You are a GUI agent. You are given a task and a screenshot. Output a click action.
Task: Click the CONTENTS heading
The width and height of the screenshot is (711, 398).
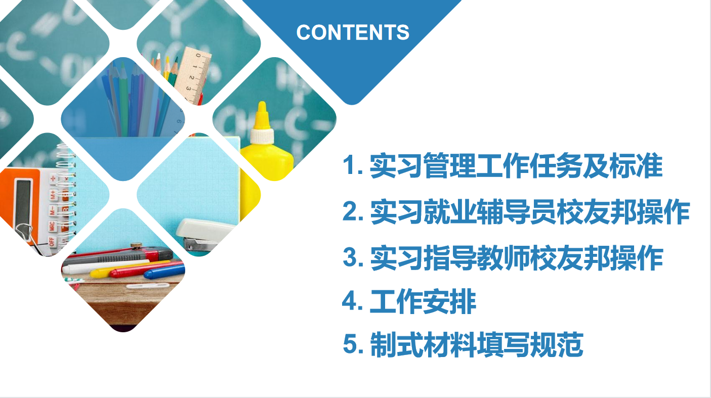(x=353, y=32)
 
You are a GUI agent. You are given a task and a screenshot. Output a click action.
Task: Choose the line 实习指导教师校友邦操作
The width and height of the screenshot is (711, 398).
(x=503, y=257)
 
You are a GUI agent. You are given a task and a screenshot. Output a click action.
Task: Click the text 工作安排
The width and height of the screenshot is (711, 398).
(x=423, y=301)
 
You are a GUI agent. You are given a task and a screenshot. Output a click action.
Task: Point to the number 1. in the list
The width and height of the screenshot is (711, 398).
(x=353, y=165)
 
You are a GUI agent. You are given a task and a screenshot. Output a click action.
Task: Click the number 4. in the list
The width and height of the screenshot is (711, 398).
(x=353, y=301)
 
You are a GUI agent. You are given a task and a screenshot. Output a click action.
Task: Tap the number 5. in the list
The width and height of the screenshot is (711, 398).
(x=353, y=344)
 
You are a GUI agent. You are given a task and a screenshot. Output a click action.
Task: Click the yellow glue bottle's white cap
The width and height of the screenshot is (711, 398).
(x=262, y=136)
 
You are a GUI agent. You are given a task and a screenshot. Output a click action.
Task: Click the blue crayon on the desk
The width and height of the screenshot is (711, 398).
(x=164, y=272)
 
